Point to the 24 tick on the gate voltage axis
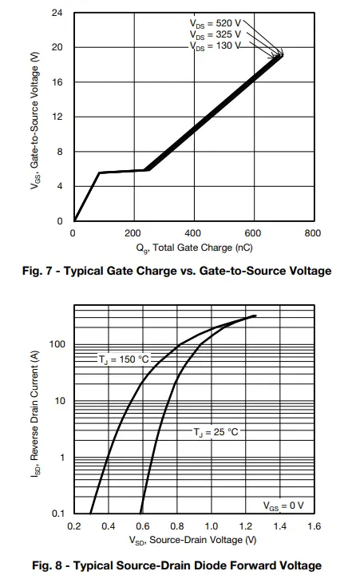pos(57,14)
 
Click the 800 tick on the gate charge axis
pos(313,233)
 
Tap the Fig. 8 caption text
pos(176,565)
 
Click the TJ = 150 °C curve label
pos(124,359)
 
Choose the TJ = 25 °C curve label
pos(215,432)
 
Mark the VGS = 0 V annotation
pos(283,506)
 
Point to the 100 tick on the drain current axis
pos(56,344)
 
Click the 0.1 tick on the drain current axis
pos(57,514)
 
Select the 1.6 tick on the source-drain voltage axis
pos(314,527)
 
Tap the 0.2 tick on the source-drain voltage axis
pos(73,527)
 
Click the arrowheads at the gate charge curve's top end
pos(279,55)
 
